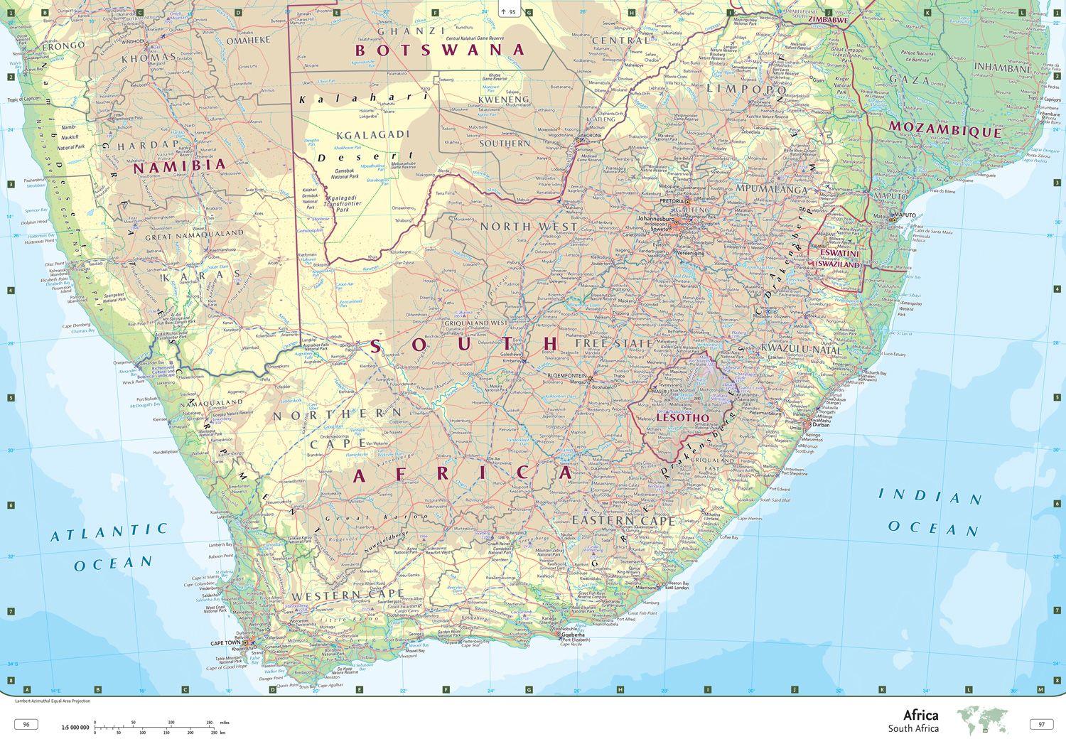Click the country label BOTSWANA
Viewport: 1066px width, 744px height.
click(440, 50)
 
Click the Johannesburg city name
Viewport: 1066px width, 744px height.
click(655, 218)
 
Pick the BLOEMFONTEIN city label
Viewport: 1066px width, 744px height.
click(566, 375)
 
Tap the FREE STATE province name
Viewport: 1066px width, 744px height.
click(613, 343)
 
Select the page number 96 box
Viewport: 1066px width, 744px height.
click(26, 725)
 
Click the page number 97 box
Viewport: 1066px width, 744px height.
click(1041, 725)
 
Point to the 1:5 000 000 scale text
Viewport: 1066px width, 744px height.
click(75, 728)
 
